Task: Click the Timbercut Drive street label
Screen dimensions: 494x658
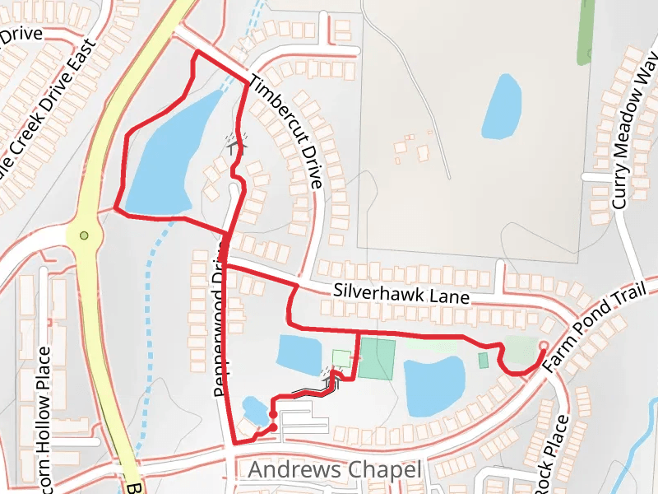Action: [285, 131]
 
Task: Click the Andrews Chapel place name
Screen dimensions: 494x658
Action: [335, 470]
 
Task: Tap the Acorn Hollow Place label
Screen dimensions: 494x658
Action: [44, 412]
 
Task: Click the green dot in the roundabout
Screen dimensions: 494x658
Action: [83, 236]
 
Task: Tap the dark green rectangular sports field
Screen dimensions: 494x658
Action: [378, 360]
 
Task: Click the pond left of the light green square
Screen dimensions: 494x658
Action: [300, 354]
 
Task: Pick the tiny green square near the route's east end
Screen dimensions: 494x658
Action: [483, 360]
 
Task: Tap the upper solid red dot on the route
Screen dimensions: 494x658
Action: [272, 403]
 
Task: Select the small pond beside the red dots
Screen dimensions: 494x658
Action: [253, 409]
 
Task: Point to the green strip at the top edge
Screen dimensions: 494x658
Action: [586, 31]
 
